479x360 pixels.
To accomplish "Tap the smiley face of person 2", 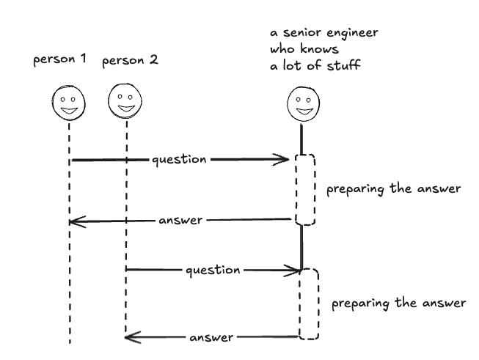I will pyautogui.click(x=125, y=100).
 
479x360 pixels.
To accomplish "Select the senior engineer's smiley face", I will pyautogui.click(x=301, y=103).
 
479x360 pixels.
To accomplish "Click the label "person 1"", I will pyautogui.click(x=59, y=59).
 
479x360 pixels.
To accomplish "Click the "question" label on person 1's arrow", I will pyautogui.click(x=179, y=159).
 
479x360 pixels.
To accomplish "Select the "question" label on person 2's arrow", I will pyautogui.click(x=213, y=270).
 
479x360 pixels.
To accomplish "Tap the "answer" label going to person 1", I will pyautogui.click(x=180, y=219).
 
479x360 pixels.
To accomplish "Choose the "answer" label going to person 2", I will pyautogui.click(x=212, y=338).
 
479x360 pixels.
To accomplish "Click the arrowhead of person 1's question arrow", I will pyautogui.click(x=286, y=159).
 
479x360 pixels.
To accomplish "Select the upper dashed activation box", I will pyautogui.click(x=306, y=189).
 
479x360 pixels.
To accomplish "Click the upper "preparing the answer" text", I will pyautogui.click(x=392, y=188).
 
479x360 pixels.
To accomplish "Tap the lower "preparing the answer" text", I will pyautogui.click(x=398, y=302).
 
